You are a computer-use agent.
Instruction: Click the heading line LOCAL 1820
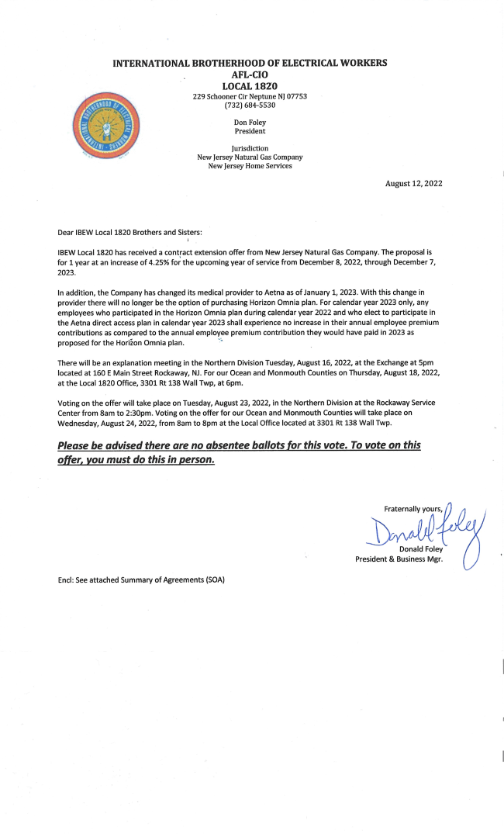pyautogui.click(x=250, y=86)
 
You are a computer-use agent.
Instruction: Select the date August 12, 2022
pyautogui.click(x=414, y=183)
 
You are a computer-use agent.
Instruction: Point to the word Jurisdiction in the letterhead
pyautogui.click(x=250, y=147)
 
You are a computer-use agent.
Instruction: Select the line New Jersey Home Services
pyautogui.click(x=250, y=165)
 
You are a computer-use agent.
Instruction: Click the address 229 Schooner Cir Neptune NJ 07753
pyautogui.click(x=250, y=96)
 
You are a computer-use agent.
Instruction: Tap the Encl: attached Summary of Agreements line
pyautogui.click(x=141, y=580)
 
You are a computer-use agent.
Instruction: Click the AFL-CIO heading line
pyautogui.click(x=250, y=74)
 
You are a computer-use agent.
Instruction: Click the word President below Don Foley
pyautogui.click(x=250, y=131)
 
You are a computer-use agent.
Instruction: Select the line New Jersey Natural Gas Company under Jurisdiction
pyautogui.click(x=250, y=157)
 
